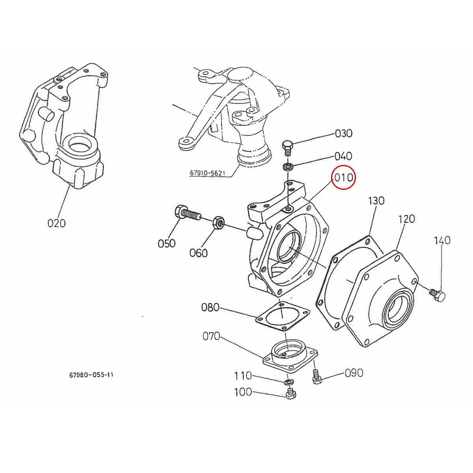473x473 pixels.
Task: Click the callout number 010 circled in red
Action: coord(343,178)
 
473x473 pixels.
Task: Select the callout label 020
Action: coord(56,223)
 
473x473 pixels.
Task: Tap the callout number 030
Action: coord(343,133)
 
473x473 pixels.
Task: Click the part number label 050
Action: coord(166,244)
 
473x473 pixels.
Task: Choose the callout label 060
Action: coord(198,253)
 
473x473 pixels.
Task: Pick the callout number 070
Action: coord(211,337)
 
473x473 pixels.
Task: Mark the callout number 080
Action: coord(210,307)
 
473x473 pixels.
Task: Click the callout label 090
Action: coord(354,373)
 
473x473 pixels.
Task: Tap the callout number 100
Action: coord(243,393)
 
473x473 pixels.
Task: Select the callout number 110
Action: coord(243,376)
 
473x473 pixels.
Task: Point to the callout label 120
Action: coord(406,219)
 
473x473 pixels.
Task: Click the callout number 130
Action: coord(376,201)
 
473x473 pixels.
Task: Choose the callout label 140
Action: coord(442,240)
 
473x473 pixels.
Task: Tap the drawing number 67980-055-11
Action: coord(91,375)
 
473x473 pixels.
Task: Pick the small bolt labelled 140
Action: coord(437,294)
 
